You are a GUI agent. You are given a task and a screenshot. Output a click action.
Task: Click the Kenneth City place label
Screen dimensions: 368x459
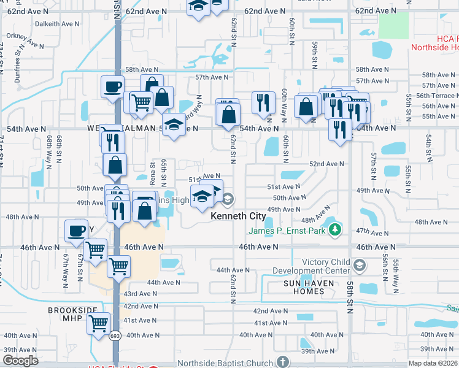(238, 217)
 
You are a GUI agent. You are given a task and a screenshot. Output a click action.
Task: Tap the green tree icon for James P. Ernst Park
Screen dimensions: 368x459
(334, 230)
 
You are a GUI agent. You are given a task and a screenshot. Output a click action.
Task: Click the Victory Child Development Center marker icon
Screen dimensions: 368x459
(359, 266)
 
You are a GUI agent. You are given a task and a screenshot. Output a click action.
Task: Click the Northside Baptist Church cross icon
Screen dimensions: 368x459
(282, 362)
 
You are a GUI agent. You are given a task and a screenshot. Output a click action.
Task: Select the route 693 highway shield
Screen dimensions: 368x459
(115, 335)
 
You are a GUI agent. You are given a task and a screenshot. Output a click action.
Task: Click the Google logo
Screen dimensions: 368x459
(20, 361)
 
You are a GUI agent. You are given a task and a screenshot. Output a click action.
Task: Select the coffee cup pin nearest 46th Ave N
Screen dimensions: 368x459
(76, 231)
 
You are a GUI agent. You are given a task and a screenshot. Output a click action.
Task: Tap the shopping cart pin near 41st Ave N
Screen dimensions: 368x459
(98, 323)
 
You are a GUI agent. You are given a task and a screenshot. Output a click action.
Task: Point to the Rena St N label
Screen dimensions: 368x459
(153, 172)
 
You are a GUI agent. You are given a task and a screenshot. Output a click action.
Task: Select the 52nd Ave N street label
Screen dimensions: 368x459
(326, 164)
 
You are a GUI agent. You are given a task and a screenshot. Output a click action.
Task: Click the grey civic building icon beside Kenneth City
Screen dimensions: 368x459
(228, 199)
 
